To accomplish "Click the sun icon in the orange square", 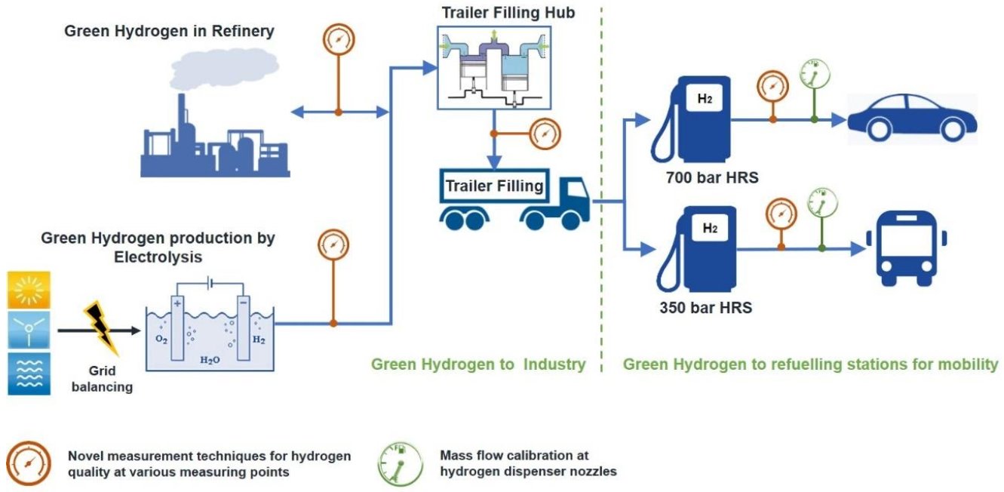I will pyautogui.click(x=29, y=289).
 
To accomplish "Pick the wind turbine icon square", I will pyautogui.click(x=29, y=330).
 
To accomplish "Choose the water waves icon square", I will pyautogui.click(x=29, y=373).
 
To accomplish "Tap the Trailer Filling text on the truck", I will pyautogui.click(x=494, y=186).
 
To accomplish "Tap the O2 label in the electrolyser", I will pyautogui.click(x=161, y=340).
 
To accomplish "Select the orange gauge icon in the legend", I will pyautogui.click(x=29, y=463).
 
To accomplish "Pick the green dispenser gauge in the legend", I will pyautogui.click(x=401, y=462).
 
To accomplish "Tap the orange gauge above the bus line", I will pyautogui.click(x=781, y=212).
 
